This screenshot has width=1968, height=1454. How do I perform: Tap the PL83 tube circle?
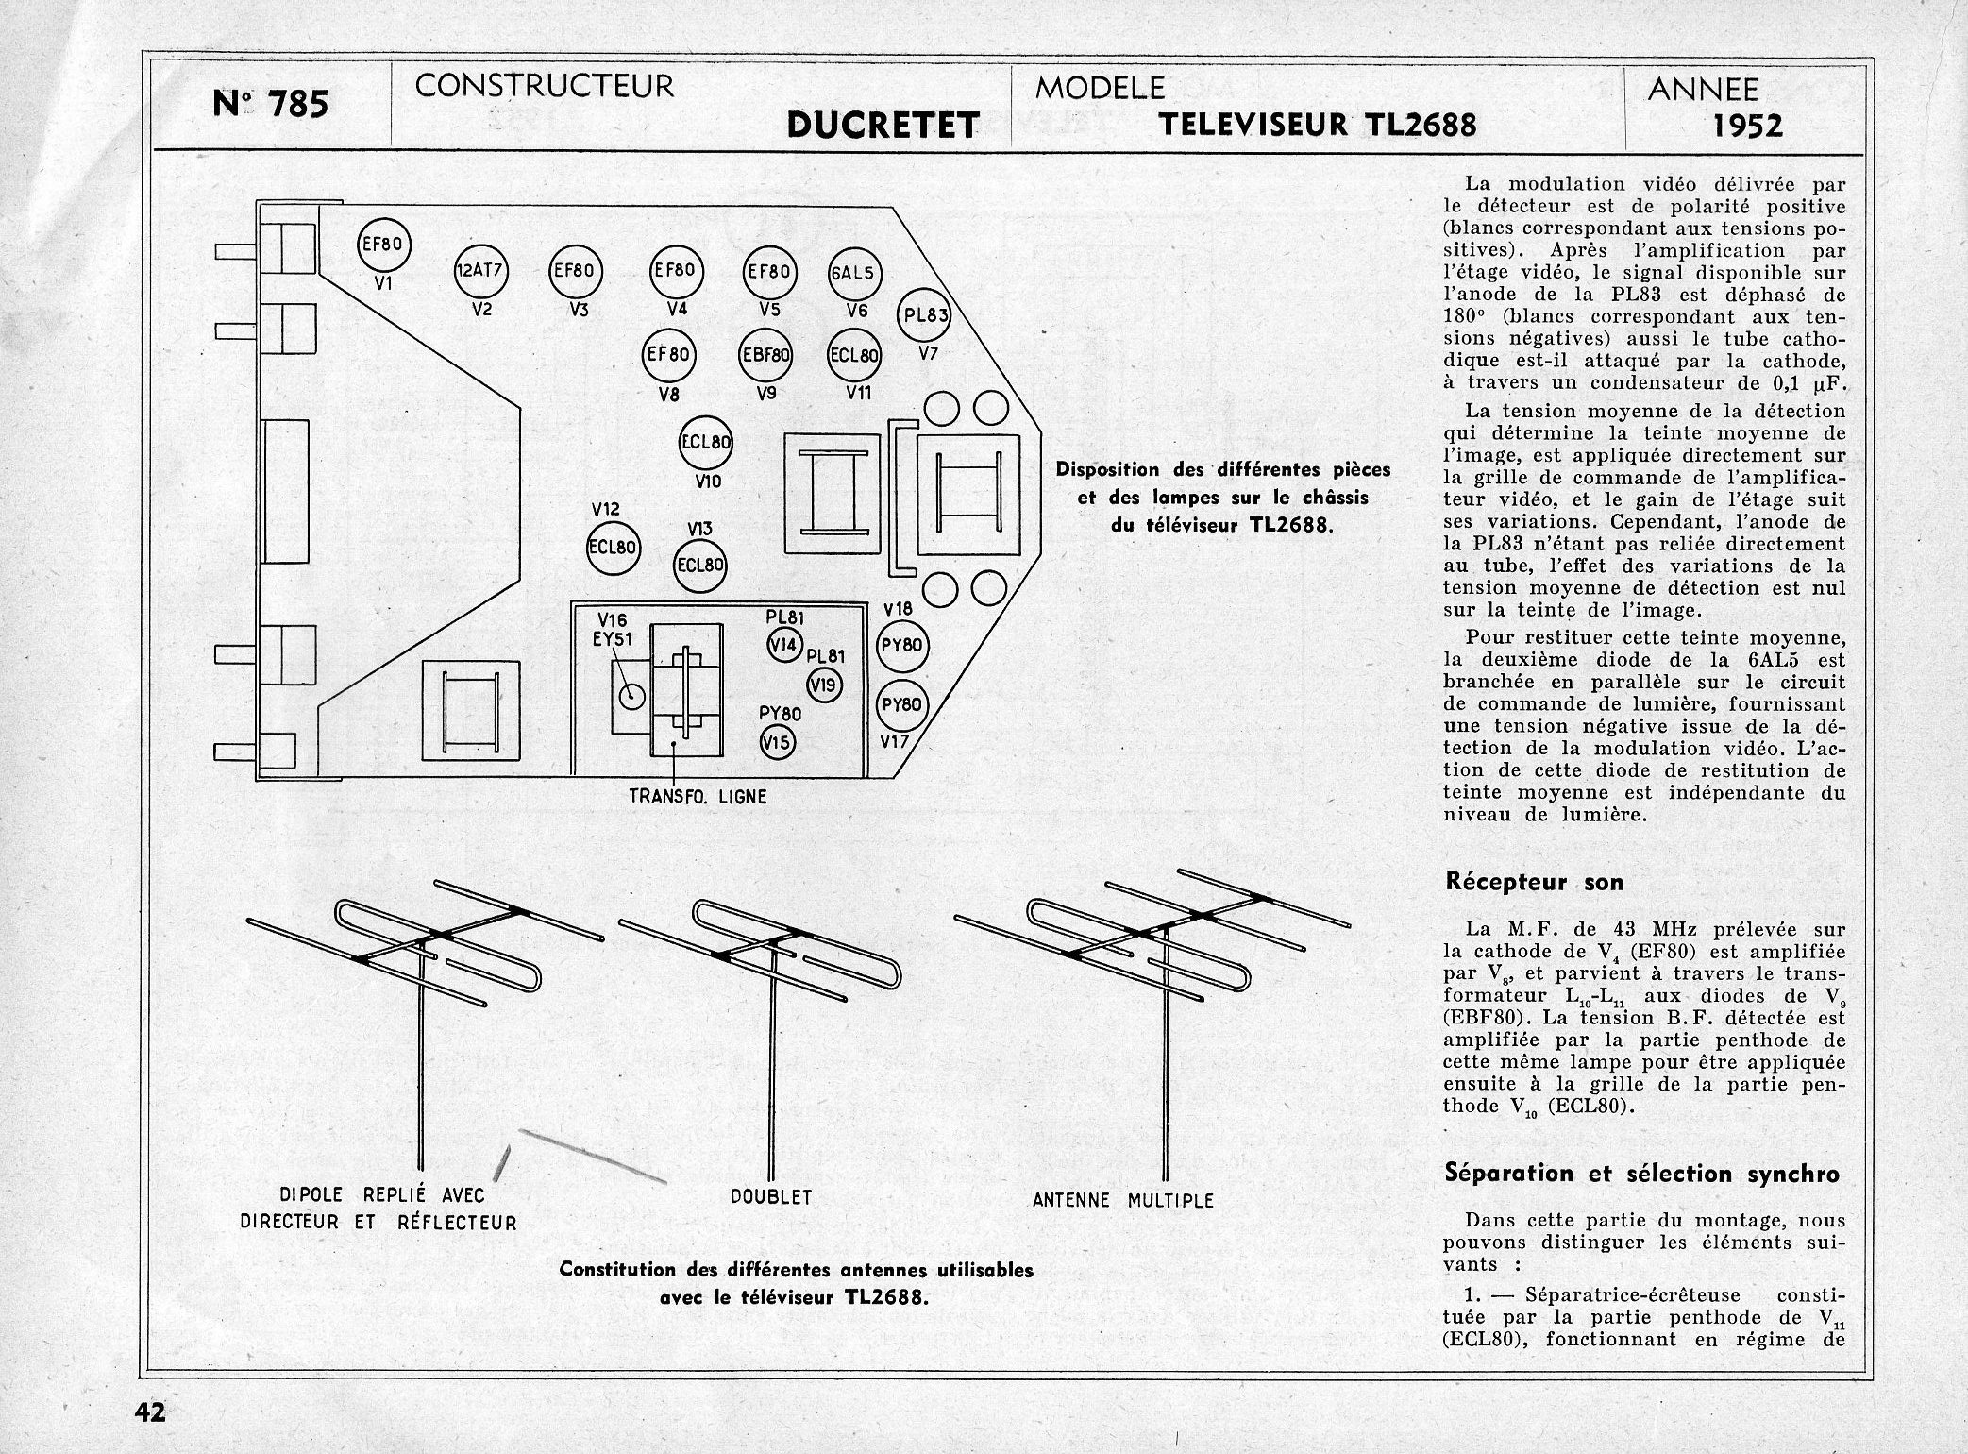point(926,315)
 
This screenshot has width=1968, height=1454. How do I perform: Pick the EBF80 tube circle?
point(765,356)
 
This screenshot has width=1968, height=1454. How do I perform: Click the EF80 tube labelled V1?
point(382,244)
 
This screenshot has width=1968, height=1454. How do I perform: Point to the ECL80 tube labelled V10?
point(706,443)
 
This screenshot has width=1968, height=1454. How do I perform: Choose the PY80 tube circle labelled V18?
point(903,648)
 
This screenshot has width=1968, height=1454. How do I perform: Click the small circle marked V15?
point(777,742)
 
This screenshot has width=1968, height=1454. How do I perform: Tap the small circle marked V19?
point(824,685)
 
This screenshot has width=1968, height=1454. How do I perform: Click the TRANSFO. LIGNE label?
point(698,796)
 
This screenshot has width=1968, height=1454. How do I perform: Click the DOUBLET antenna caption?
point(770,1197)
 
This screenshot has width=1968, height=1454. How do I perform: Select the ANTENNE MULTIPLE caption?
point(1122,1201)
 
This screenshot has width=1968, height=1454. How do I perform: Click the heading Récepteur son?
point(1535,883)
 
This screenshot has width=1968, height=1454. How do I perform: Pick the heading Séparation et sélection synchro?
point(1642,1174)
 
